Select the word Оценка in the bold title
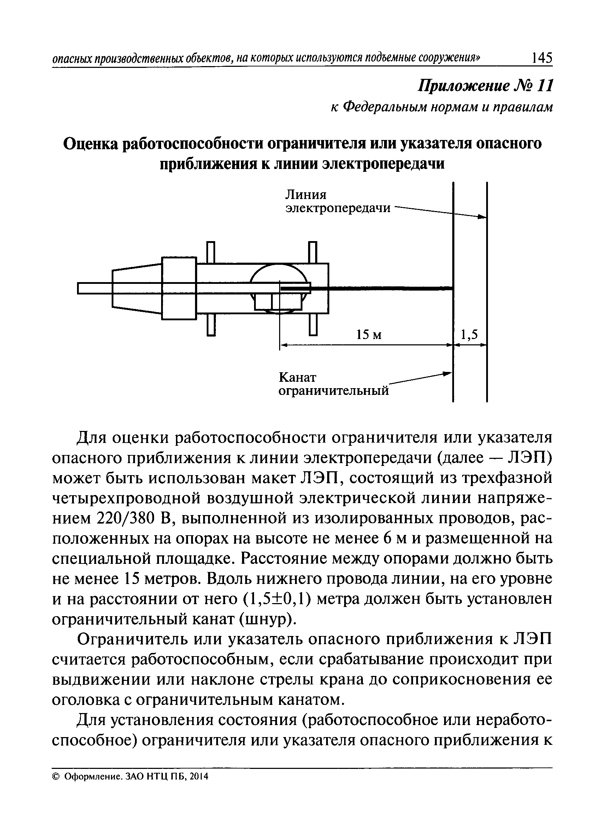pyautogui.click(x=90, y=144)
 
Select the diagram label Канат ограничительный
pyautogui.click(x=333, y=384)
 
